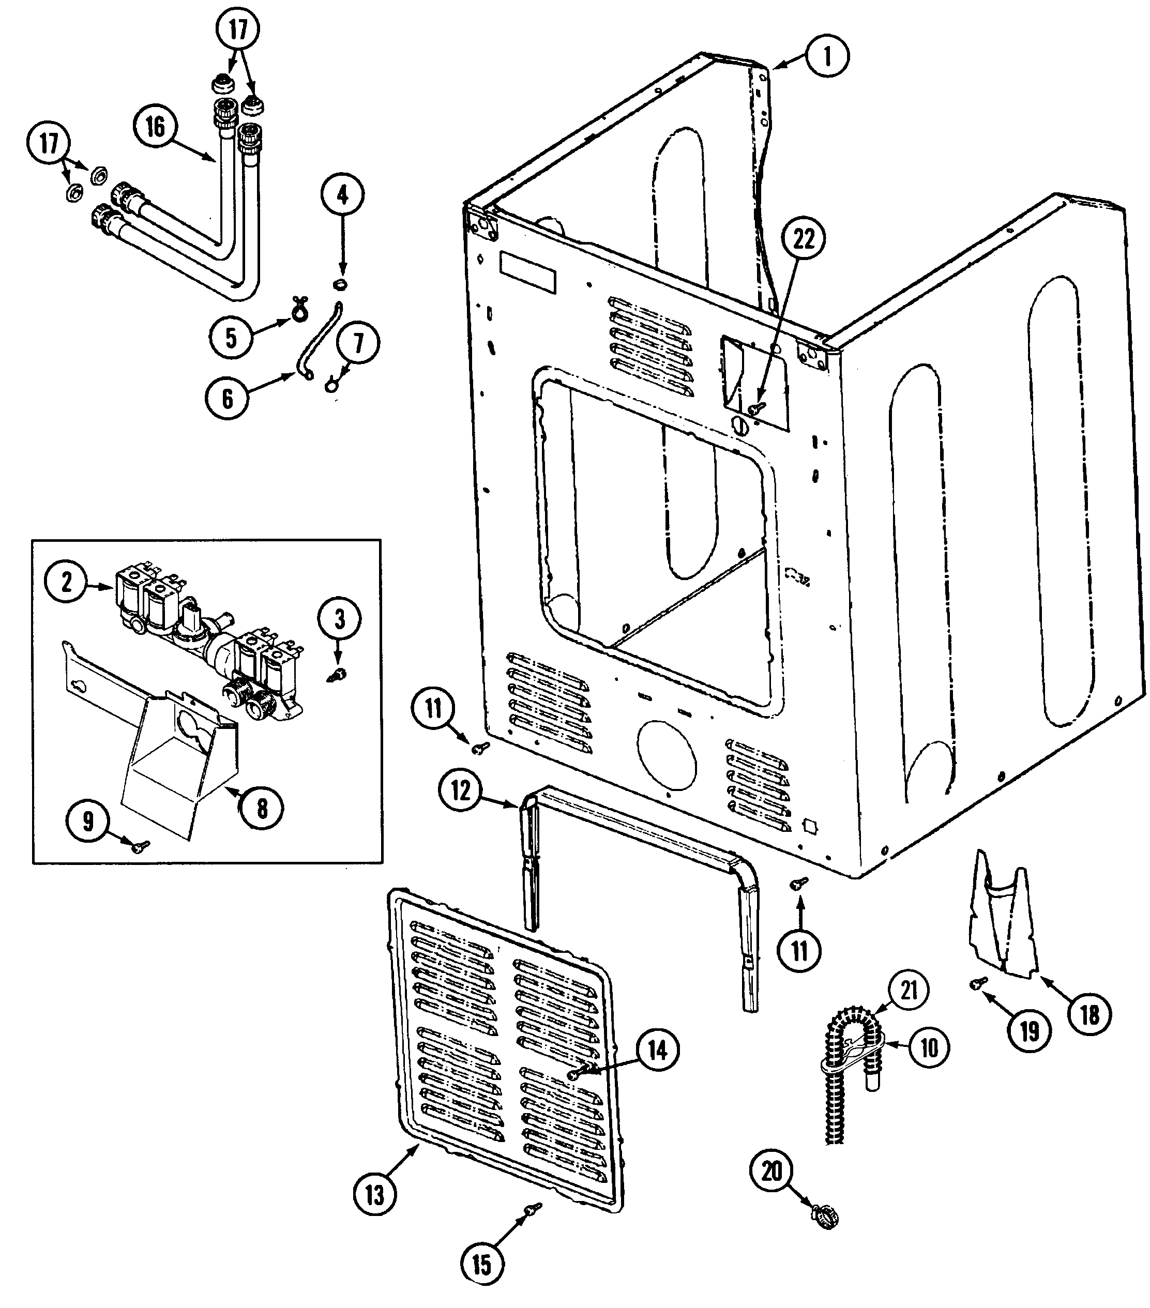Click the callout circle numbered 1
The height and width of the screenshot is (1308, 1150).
[827, 56]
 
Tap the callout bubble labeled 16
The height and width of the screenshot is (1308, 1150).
[156, 127]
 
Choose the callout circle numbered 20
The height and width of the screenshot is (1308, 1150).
[772, 1171]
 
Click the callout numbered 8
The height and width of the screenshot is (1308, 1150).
[262, 809]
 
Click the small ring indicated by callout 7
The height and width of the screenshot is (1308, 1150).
[331, 385]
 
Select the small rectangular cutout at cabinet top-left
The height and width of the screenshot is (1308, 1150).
[528, 272]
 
